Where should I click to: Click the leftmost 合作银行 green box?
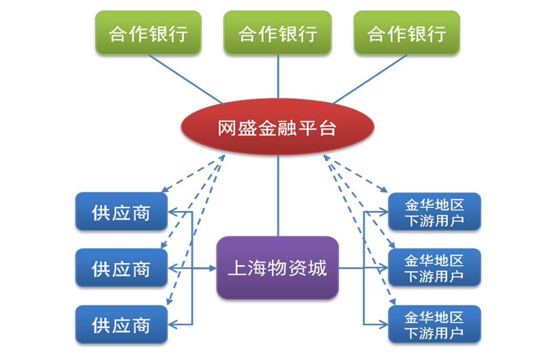(148, 33)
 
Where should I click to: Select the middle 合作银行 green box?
(277, 33)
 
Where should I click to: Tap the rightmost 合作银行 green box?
(407, 33)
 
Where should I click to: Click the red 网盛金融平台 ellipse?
(277, 127)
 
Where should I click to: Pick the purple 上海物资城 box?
(277, 268)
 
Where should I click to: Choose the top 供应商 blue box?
(122, 212)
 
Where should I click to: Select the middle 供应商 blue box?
(122, 268)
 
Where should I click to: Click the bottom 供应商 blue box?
(122, 325)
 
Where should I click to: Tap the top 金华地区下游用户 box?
(435, 212)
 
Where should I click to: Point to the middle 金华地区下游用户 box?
(435, 268)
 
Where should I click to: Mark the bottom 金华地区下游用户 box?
(435, 325)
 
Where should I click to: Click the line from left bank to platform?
(186, 79)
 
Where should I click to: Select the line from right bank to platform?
(369, 79)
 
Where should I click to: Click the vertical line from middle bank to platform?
(278, 77)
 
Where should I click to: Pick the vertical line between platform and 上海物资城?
(278, 196)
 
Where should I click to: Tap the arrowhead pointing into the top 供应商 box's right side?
(173, 212)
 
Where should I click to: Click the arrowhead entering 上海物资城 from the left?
(212, 268)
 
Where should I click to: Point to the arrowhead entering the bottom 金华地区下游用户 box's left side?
(383, 325)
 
